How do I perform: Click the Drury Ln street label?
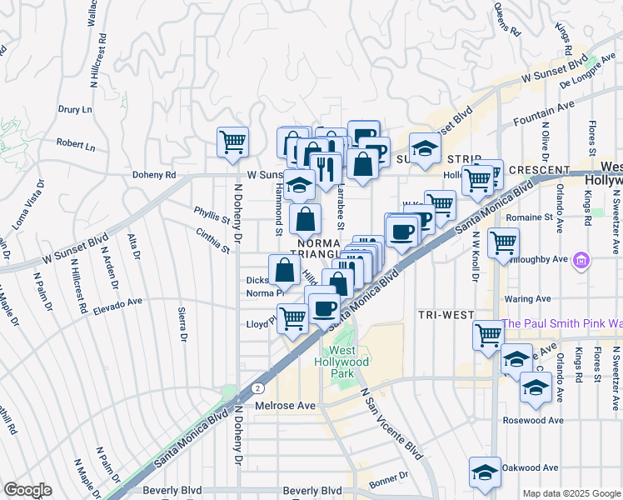(74, 109)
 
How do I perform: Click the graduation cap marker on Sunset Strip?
(425, 149)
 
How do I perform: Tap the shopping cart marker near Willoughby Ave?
(503, 243)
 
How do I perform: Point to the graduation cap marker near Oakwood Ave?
(485, 472)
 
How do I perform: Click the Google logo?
(27, 490)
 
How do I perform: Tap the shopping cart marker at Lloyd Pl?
(292, 317)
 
